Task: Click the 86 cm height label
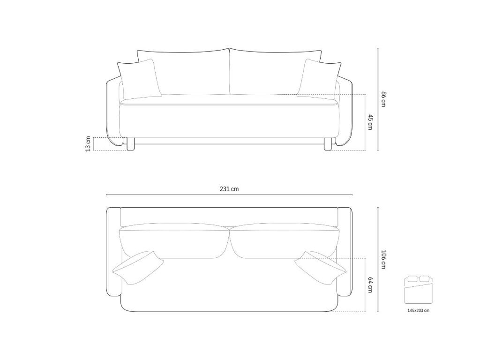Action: pyautogui.click(x=383, y=99)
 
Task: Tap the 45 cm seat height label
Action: pyautogui.click(x=370, y=122)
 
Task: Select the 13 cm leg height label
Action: pyautogui.click(x=88, y=144)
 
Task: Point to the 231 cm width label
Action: pyautogui.click(x=229, y=189)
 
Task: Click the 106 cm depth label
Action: pyautogui.click(x=383, y=260)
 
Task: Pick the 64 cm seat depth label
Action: pyautogui.click(x=370, y=285)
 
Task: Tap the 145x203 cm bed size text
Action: pyautogui.click(x=418, y=310)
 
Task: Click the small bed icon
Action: pyautogui.click(x=419, y=289)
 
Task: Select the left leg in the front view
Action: pyautogui.click(x=131, y=144)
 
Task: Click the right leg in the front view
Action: pyautogui.click(x=328, y=144)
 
